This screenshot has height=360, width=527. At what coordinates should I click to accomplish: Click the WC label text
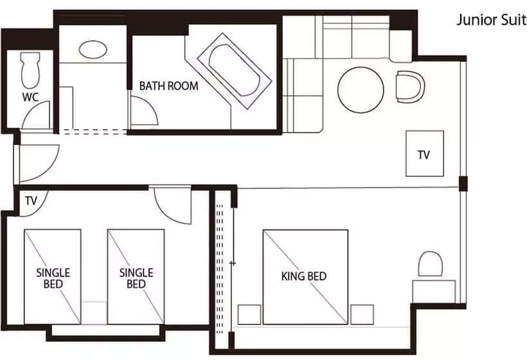click(x=30, y=97)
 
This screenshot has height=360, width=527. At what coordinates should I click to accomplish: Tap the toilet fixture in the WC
click(x=30, y=70)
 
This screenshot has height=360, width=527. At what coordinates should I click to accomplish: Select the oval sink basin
click(x=93, y=50)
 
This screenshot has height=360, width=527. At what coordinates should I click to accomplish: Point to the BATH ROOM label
click(x=168, y=86)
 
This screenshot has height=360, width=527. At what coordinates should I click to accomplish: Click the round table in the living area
click(x=361, y=90)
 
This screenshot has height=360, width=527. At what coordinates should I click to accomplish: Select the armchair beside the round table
click(x=409, y=87)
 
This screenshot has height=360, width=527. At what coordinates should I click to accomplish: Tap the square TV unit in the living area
click(x=424, y=154)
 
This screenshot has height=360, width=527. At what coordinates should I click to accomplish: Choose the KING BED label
click(x=304, y=276)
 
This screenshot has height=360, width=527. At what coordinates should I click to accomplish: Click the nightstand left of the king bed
click(x=249, y=314)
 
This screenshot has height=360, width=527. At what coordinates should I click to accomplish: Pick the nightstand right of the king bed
click(x=362, y=314)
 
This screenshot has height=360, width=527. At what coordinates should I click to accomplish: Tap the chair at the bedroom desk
click(x=430, y=264)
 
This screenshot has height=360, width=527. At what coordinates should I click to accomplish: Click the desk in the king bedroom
click(x=434, y=292)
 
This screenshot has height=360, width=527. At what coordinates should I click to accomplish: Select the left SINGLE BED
click(x=53, y=276)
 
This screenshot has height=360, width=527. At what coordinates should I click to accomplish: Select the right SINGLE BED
click(x=136, y=276)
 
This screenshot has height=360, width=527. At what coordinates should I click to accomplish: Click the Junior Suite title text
click(x=492, y=20)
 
